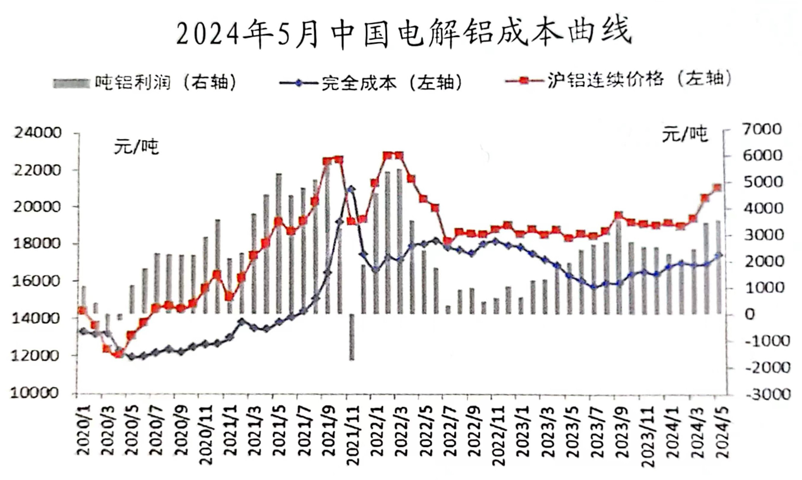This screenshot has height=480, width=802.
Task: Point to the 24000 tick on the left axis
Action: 37,133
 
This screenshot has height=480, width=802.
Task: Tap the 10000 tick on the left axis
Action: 35,393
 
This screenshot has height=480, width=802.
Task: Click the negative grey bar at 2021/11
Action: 351,337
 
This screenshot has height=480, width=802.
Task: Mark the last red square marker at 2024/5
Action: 717,188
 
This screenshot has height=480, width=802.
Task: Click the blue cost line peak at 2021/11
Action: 351,188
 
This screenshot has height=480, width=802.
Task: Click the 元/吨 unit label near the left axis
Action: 136,147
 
